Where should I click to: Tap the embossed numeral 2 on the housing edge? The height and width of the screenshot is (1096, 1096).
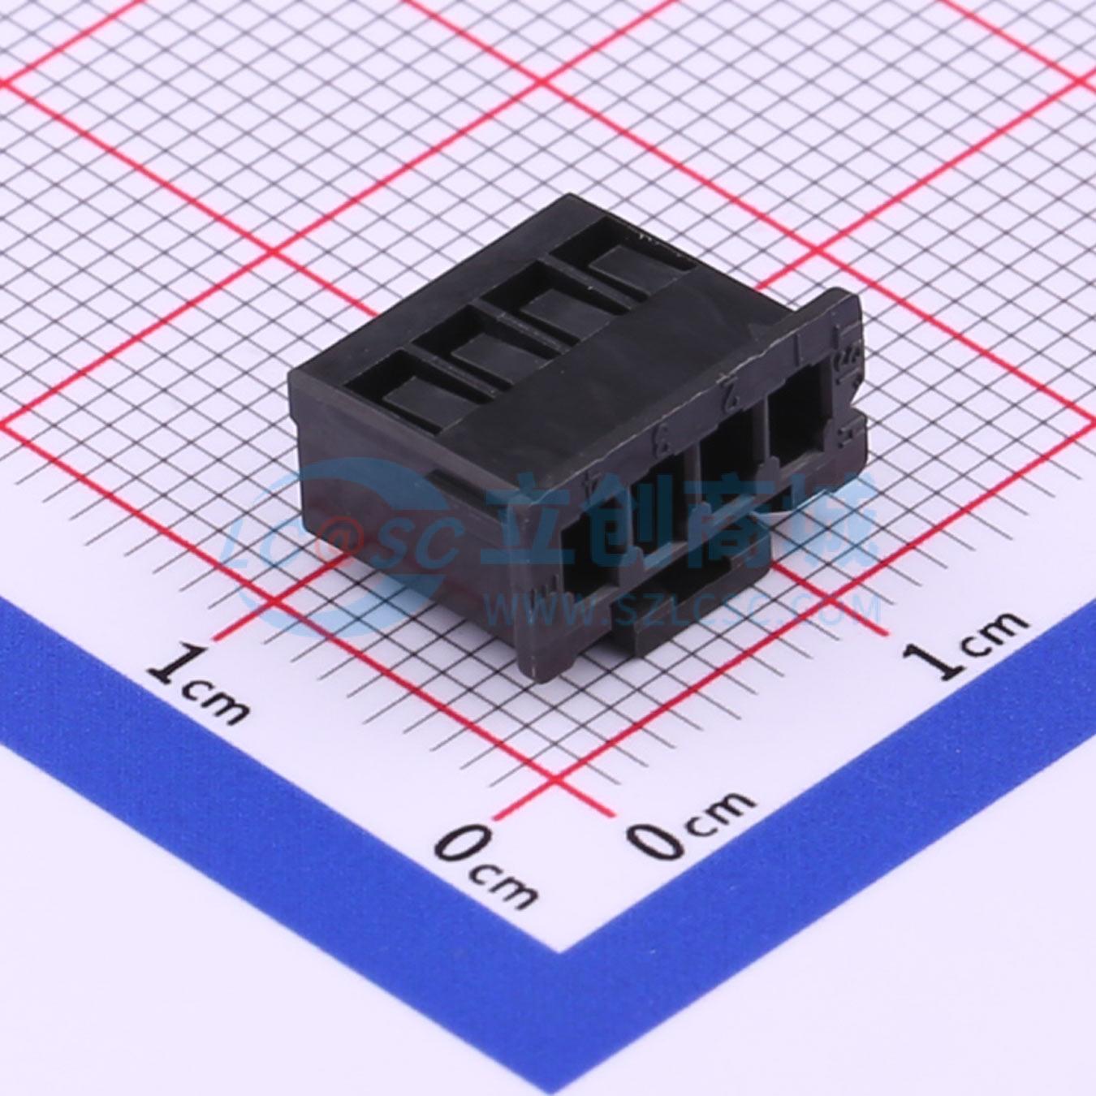click(x=730, y=395)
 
